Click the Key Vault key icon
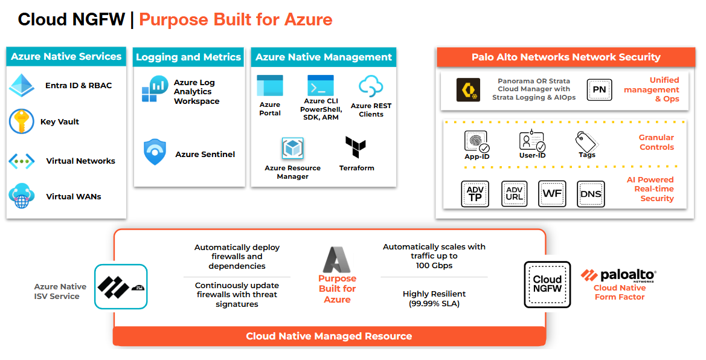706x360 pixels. pos(22,121)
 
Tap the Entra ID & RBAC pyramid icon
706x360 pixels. pos(22,85)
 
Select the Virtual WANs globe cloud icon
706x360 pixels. pos(22,196)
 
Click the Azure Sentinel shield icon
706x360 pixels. pos(155,152)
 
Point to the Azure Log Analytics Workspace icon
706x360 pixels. pos(155,89)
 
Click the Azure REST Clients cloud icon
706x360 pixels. pos(371,86)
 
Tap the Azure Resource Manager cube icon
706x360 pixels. pos(292,149)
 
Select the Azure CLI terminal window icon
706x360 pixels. pos(320,85)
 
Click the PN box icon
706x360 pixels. pos(599,89)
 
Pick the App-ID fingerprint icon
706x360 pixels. pos(476,141)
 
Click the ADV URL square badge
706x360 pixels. pos(515,194)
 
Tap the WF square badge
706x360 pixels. pos(552,194)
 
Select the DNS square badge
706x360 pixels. pos(590,194)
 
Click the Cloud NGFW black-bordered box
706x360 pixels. pos(547,284)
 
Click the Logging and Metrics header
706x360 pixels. pos(188,57)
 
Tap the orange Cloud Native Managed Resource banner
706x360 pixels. pos(329,336)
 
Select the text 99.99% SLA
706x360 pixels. pos(434,304)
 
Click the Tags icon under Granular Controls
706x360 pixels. pos(586,142)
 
